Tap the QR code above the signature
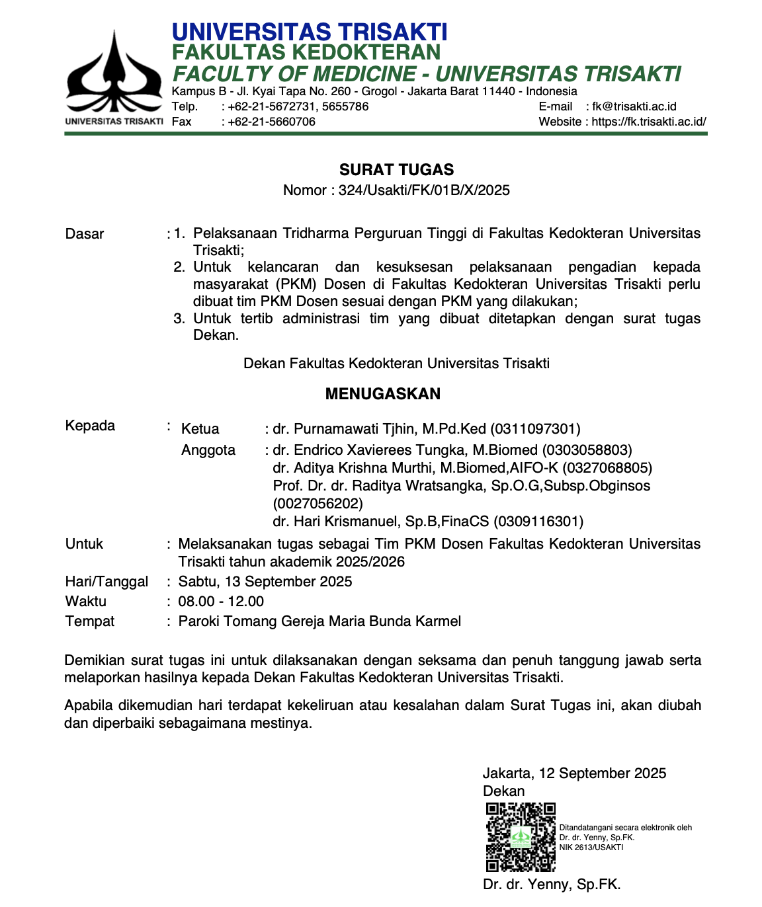(521, 837)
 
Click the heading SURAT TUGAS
(396, 170)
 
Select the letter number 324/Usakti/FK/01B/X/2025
(424, 190)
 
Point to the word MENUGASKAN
(382, 394)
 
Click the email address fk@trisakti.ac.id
(634, 106)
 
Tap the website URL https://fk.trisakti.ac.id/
(648, 122)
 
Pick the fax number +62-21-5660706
(271, 122)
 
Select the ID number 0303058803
(587, 450)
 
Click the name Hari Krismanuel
(335, 522)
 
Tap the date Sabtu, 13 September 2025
(265, 582)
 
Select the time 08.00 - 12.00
(221, 602)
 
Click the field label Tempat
(90, 621)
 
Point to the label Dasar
(85, 234)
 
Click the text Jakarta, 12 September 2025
(574, 773)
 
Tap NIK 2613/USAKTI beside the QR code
(591, 848)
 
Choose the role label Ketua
(200, 429)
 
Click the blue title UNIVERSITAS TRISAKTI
(310, 32)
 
